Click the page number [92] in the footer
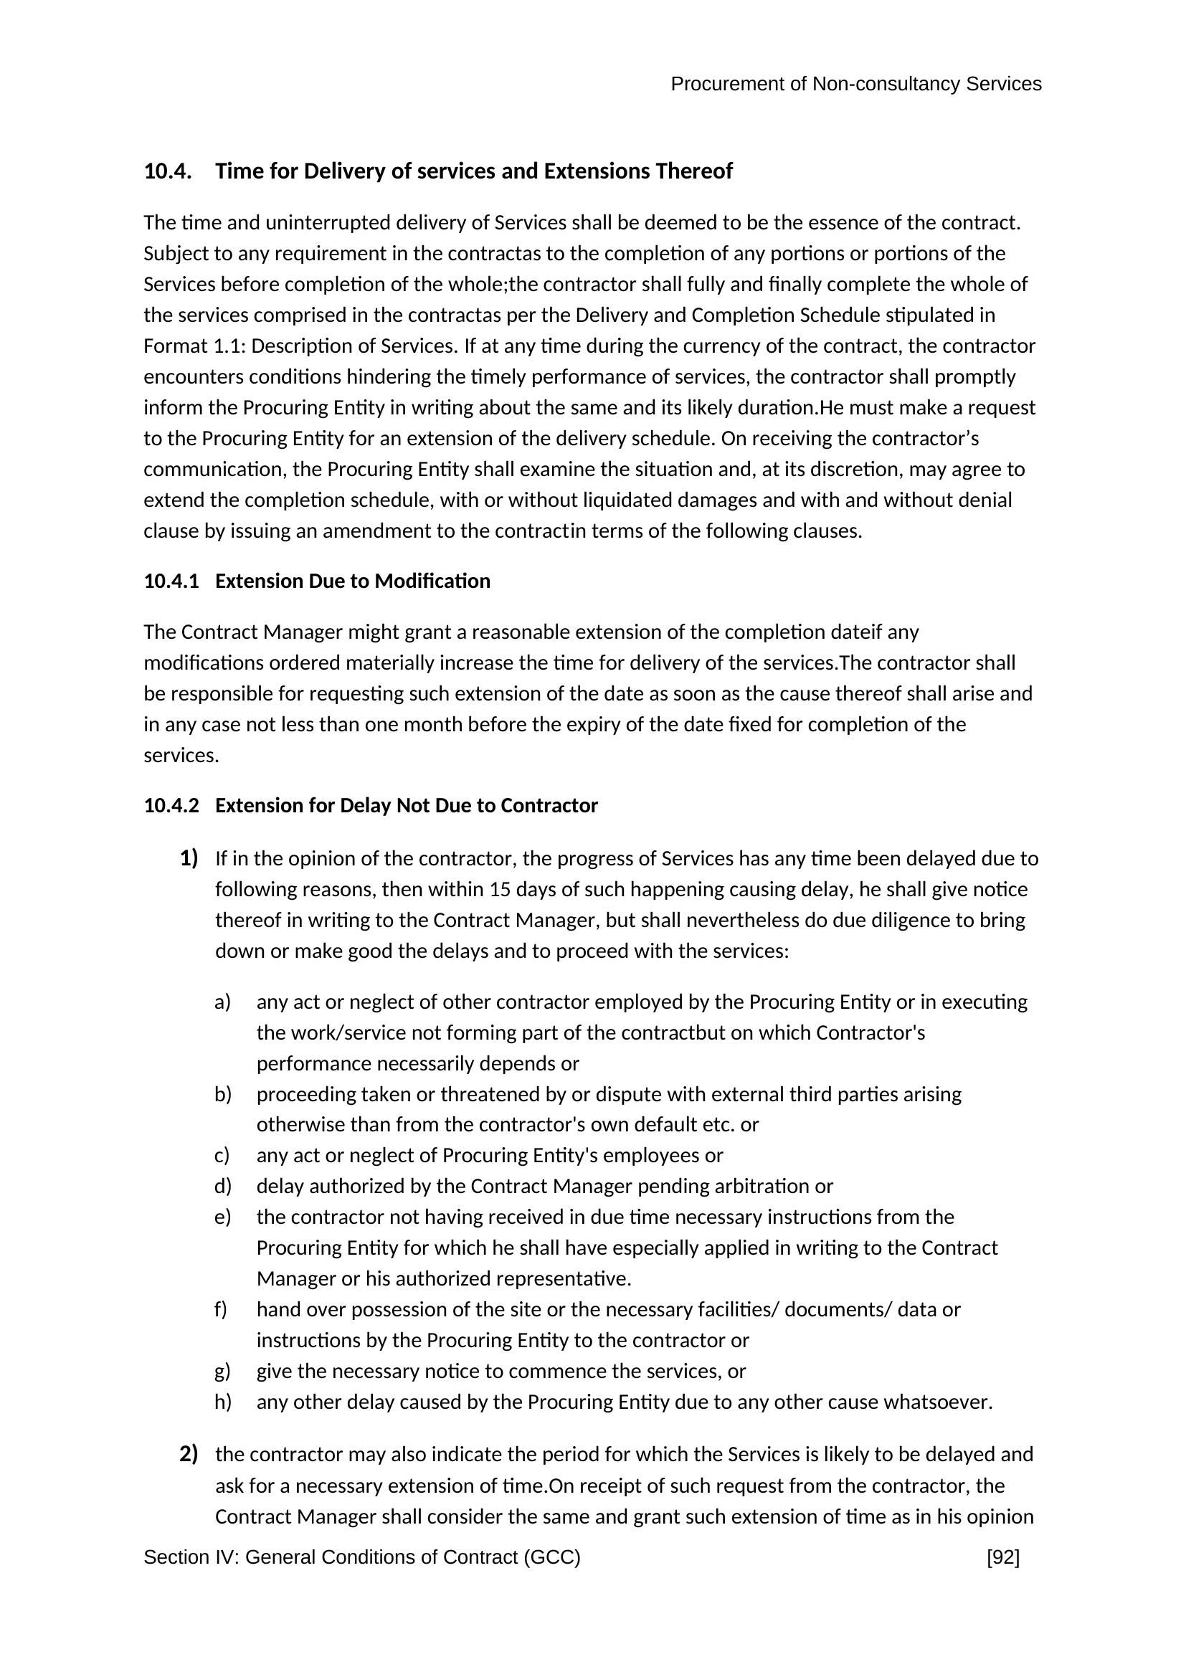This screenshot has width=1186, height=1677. point(1002,1558)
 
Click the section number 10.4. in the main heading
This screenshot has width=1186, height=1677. point(168,171)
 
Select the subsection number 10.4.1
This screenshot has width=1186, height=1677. point(171,581)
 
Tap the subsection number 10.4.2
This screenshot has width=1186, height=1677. point(171,805)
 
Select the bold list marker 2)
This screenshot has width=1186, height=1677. point(189,1453)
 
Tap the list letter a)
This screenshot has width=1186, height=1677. point(223,1002)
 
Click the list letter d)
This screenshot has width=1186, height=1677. point(223,1185)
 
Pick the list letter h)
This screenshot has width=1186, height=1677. point(223,1402)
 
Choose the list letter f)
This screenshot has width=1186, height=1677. point(222,1309)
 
